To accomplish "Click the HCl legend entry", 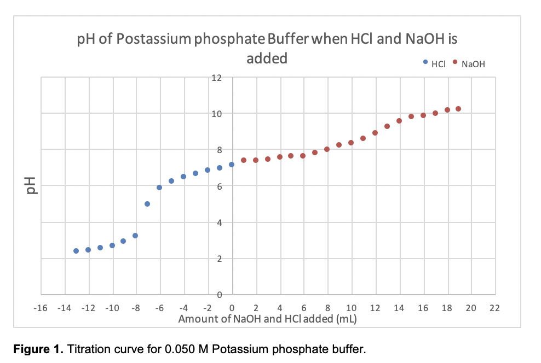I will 438,64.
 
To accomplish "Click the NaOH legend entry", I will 472,64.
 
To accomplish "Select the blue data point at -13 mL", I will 76,251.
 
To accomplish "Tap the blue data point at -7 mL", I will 147,204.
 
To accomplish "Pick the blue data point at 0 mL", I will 232,165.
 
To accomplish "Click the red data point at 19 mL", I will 458,109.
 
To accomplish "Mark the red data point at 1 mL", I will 244,160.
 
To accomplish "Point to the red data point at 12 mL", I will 375,133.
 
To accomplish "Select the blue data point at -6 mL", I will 159,188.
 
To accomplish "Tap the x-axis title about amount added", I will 267,319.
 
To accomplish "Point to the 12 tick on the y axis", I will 217,78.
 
